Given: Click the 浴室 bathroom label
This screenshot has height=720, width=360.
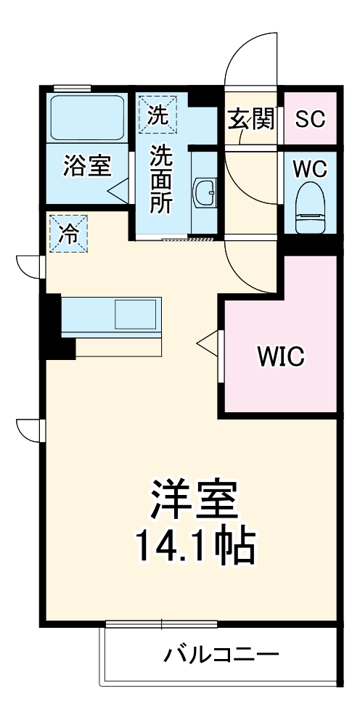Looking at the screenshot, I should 86,165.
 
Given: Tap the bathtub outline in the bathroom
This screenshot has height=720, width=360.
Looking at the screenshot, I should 86,116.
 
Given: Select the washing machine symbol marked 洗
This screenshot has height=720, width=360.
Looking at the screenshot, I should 157,113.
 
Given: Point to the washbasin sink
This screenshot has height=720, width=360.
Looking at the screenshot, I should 206,192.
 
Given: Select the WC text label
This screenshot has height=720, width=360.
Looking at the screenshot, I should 310,168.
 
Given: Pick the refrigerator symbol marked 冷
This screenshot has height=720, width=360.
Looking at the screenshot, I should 69,234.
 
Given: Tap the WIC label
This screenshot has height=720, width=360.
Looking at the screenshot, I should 281,356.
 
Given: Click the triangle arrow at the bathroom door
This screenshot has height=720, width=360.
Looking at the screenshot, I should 117,190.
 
